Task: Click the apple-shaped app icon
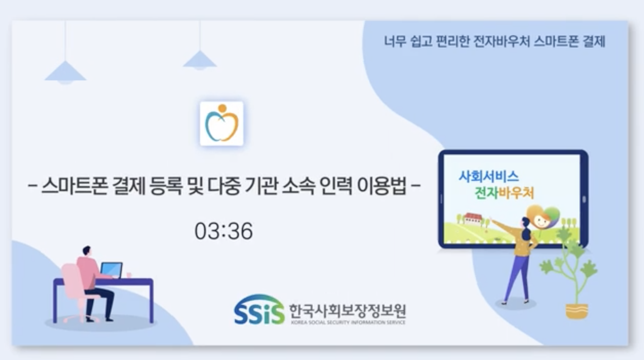222,124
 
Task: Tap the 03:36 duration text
224,231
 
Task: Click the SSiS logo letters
259,310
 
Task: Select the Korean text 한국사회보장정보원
348,311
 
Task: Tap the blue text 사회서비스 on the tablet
489,176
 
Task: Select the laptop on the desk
111,270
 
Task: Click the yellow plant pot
577,311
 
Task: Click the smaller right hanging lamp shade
200,60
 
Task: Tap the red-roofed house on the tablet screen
473,218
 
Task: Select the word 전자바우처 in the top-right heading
501,41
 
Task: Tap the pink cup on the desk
129,275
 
